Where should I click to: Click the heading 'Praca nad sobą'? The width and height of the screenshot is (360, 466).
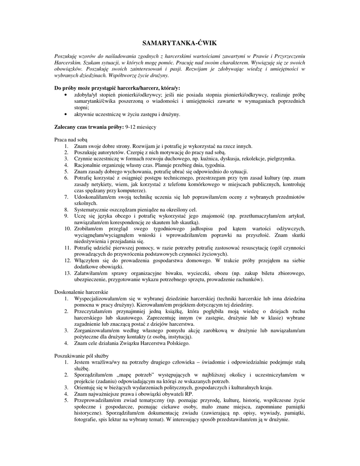click(71, 139)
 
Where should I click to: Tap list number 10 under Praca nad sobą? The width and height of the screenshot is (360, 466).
click(66, 228)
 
